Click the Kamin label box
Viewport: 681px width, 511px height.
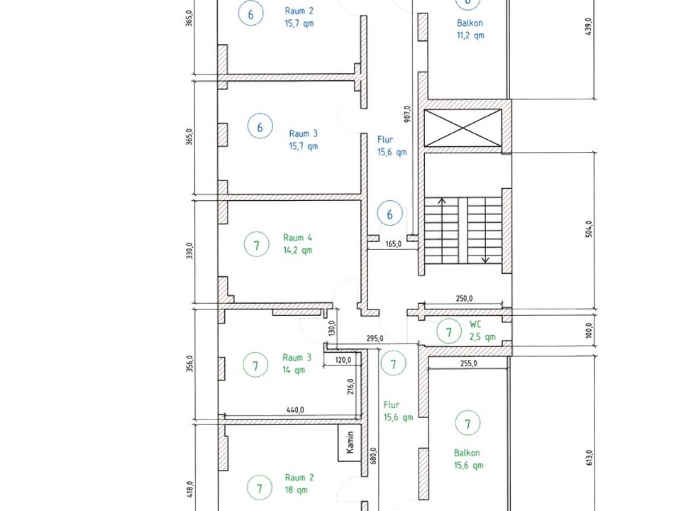coord(350,443)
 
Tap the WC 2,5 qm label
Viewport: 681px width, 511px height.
coord(482,331)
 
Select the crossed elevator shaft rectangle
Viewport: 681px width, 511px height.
coord(463,128)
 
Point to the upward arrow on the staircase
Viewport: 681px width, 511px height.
coord(442,230)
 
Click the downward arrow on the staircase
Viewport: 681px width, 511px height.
coord(485,230)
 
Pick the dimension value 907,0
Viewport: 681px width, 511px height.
coord(407,114)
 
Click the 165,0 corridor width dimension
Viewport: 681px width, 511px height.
coord(394,244)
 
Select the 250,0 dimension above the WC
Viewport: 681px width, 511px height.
coord(464,299)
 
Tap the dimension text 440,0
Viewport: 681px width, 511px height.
coord(295,410)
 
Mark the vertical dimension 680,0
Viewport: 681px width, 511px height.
coord(374,456)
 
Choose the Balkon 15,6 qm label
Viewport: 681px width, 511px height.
coord(468,459)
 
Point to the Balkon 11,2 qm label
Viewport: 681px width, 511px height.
coord(470,28)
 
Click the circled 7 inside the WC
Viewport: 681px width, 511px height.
coord(448,332)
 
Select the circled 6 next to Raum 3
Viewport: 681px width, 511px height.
coord(260,127)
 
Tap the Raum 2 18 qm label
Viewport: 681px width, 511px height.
coord(299,483)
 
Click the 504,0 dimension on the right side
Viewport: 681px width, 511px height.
coord(589,229)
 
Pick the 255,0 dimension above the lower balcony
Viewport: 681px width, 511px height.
coord(469,363)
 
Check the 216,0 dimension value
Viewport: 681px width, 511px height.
coord(351,386)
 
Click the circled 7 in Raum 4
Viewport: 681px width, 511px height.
coord(256,245)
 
